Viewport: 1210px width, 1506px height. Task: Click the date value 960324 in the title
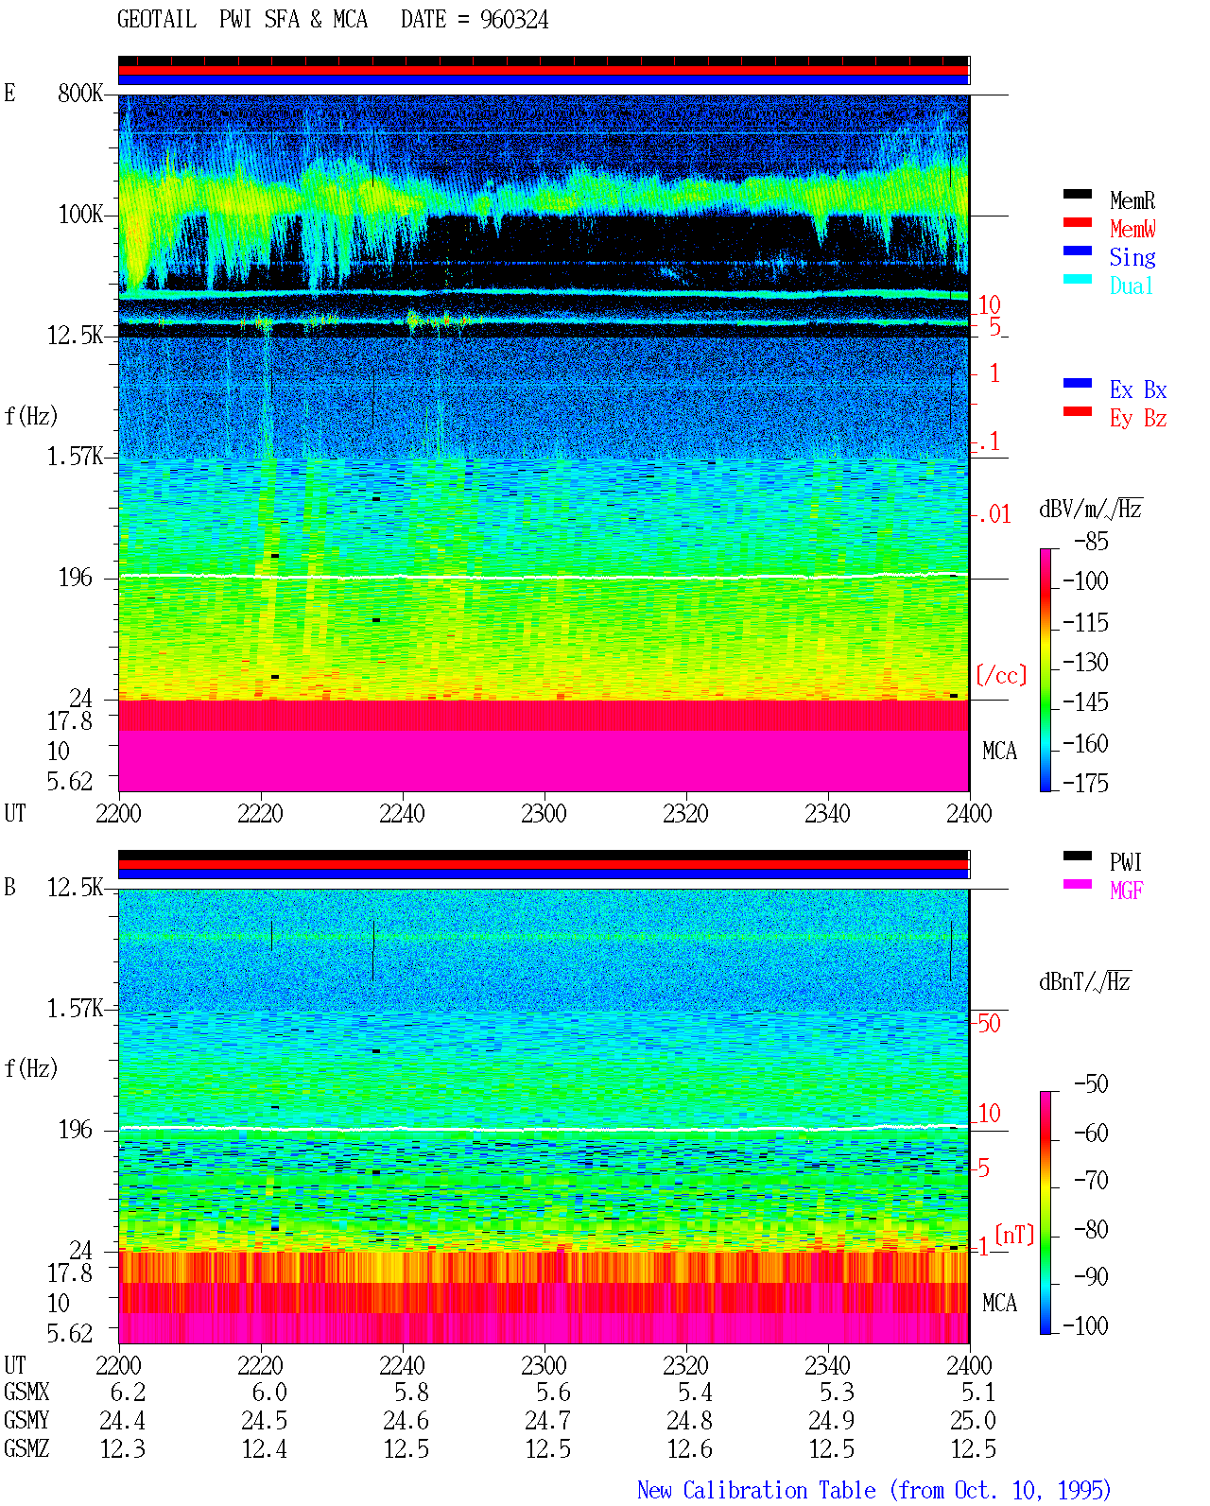[x=513, y=20]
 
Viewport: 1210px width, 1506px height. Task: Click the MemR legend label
[x=1132, y=200]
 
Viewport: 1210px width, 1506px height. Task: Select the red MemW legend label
[x=1132, y=229]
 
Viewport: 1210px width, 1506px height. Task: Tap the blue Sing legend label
[x=1132, y=257]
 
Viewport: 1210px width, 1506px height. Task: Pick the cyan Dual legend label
[x=1131, y=286]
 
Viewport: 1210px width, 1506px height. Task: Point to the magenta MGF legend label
[x=1126, y=891]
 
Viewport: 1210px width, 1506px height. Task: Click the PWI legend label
[x=1125, y=862]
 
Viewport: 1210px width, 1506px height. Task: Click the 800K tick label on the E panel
[x=80, y=93]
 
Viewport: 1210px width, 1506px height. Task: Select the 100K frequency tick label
[x=80, y=215]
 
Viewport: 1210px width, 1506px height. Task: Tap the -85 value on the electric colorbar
[x=1091, y=542]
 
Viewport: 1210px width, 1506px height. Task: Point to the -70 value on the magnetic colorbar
[x=1091, y=1181]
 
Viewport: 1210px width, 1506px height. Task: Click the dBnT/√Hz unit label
[x=1084, y=982]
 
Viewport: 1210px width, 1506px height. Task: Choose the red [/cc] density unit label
[x=1001, y=675]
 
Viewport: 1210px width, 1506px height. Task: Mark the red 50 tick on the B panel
[x=989, y=1024]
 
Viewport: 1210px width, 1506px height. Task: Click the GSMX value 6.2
[x=129, y=1393]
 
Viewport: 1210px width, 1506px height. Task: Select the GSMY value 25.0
[x=973, y=1421]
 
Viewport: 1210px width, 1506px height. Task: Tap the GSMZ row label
[x=26, y=1448]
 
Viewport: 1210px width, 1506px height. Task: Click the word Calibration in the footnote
[x=779, y=1491]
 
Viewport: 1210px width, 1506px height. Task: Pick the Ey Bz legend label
[x=1138, y=419]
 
